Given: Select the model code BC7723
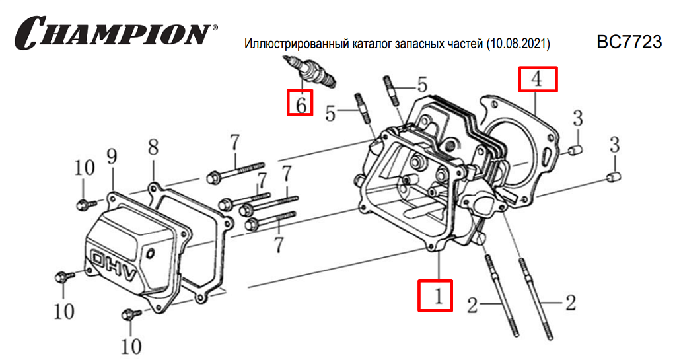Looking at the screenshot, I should click(629, 43).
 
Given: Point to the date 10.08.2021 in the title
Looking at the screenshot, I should click(518, 44).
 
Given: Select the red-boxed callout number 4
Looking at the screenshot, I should click(538, 79).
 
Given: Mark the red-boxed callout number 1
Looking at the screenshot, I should click(435, 296).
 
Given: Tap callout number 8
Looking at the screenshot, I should click(153, 147).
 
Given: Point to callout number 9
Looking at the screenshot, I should click(112, 157).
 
